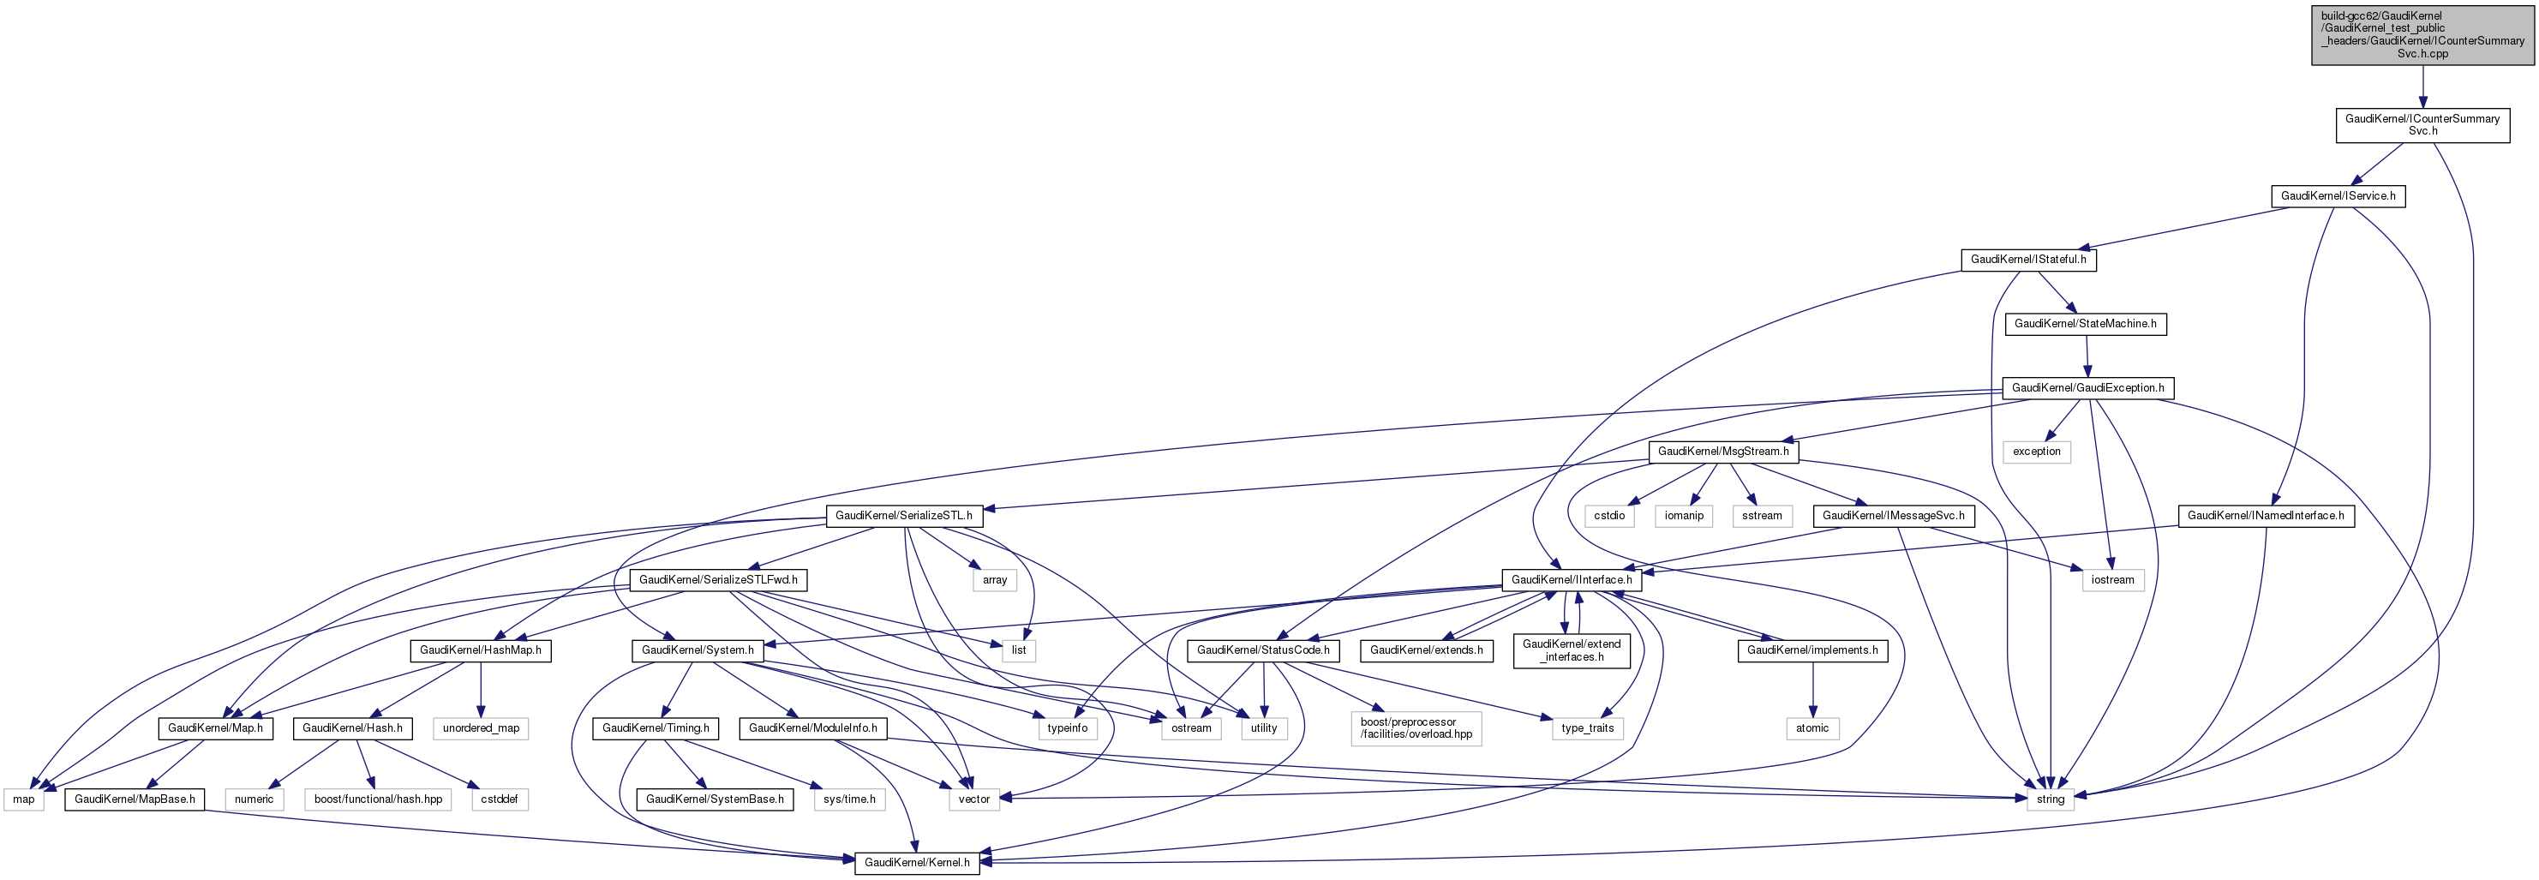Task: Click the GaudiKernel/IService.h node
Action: (2338, 196)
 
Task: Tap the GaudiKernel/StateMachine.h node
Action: (2085, 324)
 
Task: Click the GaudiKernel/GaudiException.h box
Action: (2087, 388)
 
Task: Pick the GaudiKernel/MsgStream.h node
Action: (1723, 452)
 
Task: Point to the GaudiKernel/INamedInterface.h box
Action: (2265, 515)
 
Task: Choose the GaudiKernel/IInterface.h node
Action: (1571, 579)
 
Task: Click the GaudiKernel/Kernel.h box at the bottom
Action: (917, 862)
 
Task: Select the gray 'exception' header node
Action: (2036, 452)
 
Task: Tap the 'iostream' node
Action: (2112, 579)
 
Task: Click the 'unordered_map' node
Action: (481, 728)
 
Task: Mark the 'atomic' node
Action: (1811, 728)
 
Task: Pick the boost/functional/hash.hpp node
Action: (379, 799)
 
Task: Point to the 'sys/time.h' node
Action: (848, 799)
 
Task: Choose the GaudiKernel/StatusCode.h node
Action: (1262, 650)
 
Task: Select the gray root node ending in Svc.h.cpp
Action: (2422, 34)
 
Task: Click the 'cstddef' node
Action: (499, 799)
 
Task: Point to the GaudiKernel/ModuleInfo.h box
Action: (812, 728)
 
